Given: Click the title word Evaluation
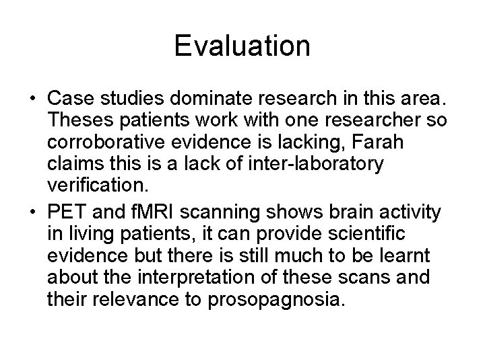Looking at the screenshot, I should pos(242,46).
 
